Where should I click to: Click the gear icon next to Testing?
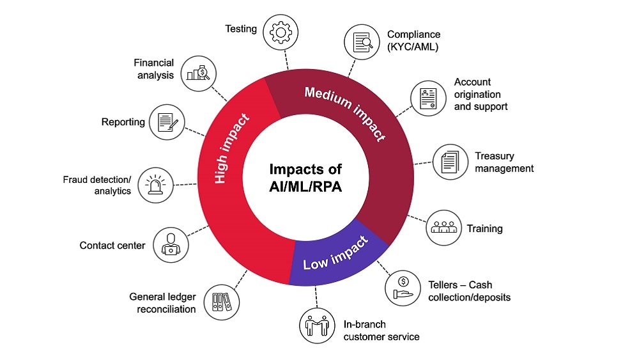(281, 33)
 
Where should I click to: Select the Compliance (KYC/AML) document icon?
(362, 42)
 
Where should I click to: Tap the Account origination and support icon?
(427, 98)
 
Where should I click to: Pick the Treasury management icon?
(450, 160)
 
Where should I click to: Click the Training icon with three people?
(443, 228)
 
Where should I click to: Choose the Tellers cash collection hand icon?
(403, 287)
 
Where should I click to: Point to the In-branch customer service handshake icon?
(318, 325)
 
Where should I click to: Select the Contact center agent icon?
(171, 244)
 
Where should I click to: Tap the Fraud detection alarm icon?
(156, 184)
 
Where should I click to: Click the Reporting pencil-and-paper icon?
(167, 121)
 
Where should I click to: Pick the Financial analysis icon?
(199, 71)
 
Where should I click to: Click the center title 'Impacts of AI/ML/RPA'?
(305, 179)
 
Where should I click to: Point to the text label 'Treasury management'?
(504, 162)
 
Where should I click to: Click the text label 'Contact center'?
(112, 246)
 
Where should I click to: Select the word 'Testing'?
(241, 29)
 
